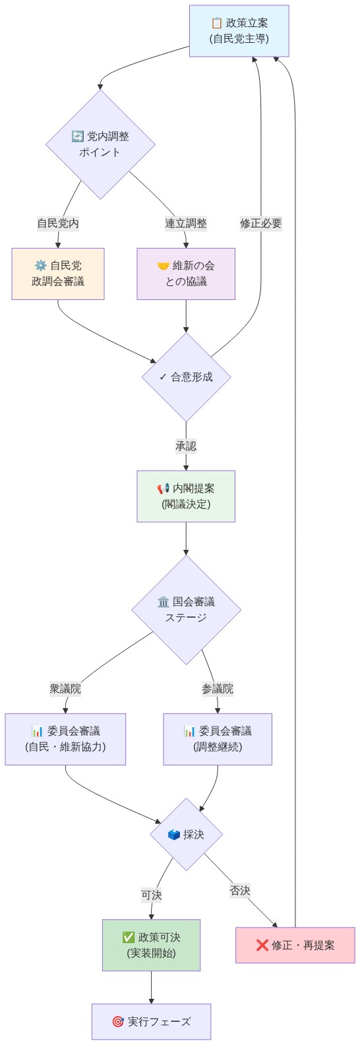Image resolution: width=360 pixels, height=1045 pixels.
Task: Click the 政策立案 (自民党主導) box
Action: coord(239,31)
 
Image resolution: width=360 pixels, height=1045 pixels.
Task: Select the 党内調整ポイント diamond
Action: coord(100,144)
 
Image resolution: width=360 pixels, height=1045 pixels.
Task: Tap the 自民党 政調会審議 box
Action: coord(58,274)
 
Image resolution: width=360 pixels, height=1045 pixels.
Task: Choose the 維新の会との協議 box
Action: coord(186,274)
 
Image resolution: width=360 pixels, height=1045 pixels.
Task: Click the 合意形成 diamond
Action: coord(186,377)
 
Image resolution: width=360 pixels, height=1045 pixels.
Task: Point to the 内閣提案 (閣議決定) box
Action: coord(186,496)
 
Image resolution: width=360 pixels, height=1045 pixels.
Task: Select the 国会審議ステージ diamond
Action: coord(186,610)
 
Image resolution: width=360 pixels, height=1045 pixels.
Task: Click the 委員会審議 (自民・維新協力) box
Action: coord(65,739)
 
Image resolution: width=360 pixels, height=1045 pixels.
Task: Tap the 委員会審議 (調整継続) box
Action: coord(218,739)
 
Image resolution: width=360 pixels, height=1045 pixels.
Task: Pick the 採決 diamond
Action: coord(186,835)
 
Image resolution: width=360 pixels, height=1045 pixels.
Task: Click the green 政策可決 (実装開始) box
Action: coord(151,945)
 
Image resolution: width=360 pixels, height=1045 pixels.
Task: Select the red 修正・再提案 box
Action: coord(295,945)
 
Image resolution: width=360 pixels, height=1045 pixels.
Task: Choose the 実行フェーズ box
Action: coord(151,1022)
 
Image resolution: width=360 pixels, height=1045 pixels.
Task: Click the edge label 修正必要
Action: coord(260,224)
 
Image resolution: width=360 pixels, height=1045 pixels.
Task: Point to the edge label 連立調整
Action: coord(186,224)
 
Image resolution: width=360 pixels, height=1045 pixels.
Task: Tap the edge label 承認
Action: coord(186,446)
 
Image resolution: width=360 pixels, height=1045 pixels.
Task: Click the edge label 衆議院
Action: coord(65,689)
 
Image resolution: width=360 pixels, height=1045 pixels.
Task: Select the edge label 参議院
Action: coord(218,689)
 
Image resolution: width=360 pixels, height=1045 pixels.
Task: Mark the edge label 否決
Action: coord(240,891)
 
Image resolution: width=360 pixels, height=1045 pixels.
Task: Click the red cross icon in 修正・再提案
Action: coord(262,945)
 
